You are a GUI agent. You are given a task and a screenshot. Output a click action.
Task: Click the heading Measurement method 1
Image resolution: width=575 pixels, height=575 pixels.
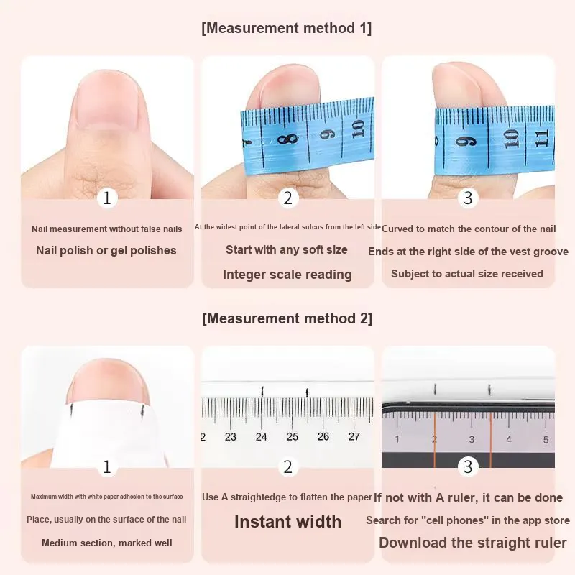tap(286, 28)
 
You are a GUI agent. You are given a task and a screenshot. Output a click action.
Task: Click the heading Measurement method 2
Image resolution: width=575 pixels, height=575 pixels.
tap(287, 318)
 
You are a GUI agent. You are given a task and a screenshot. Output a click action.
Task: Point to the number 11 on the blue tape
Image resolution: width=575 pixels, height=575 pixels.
tap(542, 138)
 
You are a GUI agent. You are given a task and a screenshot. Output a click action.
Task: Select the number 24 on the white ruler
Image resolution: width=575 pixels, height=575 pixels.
tap(262, 437)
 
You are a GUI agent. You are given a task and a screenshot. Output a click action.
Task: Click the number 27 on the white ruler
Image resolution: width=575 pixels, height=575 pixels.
tap(354, 436)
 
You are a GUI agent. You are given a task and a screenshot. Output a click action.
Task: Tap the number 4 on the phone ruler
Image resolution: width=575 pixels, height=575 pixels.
tap(509, 439)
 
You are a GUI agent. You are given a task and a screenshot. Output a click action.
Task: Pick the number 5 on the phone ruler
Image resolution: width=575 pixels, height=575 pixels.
tap(546, 440)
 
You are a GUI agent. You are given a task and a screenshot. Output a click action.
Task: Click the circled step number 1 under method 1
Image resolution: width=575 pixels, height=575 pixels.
tap(107, 198)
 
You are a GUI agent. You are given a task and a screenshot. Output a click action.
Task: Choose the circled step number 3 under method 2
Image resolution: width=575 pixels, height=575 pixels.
tap(468, 466)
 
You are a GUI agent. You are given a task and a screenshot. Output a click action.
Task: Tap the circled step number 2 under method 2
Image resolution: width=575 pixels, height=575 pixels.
tap(288, 466)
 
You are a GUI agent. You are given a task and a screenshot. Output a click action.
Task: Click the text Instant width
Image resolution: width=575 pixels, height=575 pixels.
tap(288, 522)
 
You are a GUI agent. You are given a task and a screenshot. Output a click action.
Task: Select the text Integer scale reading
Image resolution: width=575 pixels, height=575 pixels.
tap(287, 275)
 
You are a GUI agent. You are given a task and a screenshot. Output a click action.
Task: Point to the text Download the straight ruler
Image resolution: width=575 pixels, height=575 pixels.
tap(473, 543)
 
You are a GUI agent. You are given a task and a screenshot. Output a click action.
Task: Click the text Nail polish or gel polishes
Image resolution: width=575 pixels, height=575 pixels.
tap(106, 250)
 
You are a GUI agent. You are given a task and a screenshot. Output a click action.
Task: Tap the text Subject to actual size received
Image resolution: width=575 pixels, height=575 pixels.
tap(467, 274)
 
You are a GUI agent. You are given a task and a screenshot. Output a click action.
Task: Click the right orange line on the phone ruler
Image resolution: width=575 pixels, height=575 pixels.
tap(491, 440)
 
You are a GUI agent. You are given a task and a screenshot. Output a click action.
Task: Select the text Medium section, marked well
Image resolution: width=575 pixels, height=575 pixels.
tap(106, 543)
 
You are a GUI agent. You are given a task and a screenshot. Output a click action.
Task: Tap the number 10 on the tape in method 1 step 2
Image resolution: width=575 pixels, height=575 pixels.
tap(358, 129)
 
